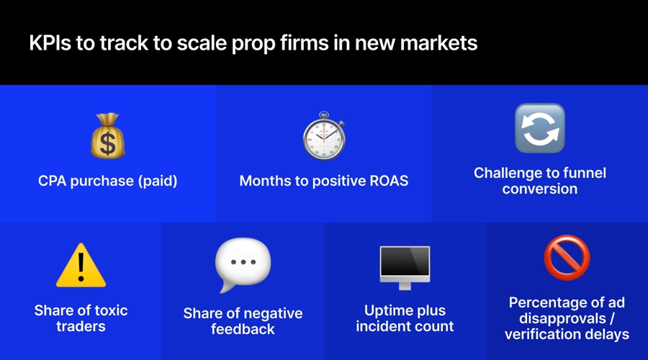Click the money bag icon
(108, 136)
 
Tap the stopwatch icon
(323, 136)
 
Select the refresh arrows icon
(539, 128)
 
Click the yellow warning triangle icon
(81, 265)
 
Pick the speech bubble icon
(243, 265)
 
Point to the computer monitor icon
(405, 267)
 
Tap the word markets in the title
(439, 43)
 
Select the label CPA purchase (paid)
(108, 181)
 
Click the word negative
(271, 314)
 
